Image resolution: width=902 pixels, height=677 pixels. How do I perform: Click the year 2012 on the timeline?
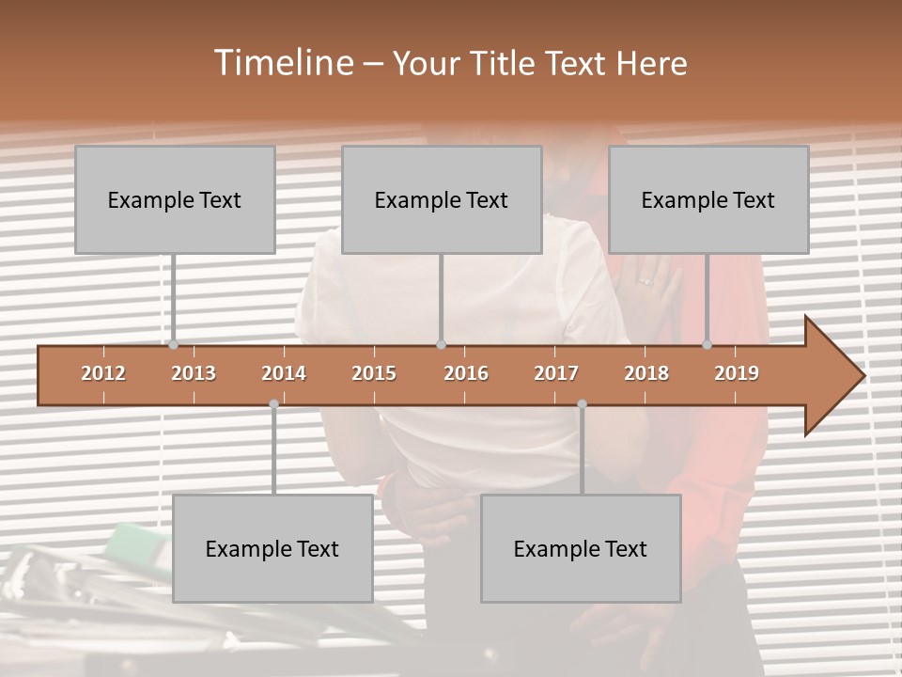point(103,373)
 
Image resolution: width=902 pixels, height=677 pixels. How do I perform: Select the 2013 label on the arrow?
point(194,373)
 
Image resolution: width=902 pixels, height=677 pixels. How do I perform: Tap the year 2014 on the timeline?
point(284,373)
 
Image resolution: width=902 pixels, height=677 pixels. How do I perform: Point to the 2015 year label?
point(374,373)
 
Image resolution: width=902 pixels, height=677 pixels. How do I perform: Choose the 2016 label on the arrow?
point(466,373)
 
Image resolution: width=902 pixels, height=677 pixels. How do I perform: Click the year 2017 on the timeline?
point(556,373)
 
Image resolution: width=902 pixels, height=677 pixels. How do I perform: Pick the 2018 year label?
point(646,373)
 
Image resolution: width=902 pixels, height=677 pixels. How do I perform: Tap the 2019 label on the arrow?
point(737,373)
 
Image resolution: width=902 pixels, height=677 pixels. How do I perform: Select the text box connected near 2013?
point(175,199)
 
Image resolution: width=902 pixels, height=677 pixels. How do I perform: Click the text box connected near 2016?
point(442,199)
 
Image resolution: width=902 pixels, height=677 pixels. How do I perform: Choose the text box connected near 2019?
point(708,199)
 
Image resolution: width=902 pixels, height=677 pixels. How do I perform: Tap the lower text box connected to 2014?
point(272,548)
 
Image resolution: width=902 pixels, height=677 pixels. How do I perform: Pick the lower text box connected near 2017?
point(581,548)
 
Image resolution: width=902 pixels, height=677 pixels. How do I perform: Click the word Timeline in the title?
point(282,63)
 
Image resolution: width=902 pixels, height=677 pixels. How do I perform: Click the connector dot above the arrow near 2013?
point(173,345)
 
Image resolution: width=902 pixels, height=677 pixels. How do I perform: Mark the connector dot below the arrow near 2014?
point(273,404)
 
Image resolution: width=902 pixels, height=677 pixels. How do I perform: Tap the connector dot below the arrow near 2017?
point(582,404)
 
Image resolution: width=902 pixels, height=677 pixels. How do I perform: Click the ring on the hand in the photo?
point(645,280)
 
